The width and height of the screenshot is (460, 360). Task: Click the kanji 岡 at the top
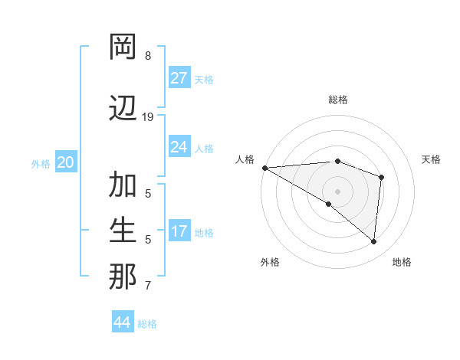pos(123,47)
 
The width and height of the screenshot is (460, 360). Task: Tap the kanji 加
pos(123,185)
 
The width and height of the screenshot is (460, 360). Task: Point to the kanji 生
pos(123,231)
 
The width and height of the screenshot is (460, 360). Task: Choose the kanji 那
pos(123,277)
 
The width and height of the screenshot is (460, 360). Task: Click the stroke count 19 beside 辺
pos(148,117)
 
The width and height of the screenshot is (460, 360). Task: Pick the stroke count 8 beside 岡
pos(148,56)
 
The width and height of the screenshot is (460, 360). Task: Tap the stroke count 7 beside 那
pos(148,286)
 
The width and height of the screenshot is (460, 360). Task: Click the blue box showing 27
pos(179,78)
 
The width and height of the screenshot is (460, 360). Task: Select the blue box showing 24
pos(179,147)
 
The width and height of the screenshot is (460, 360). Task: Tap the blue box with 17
pos(179,231)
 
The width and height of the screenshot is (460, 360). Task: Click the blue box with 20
pos(66,162)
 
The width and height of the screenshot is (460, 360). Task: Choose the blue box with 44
pos(122,322)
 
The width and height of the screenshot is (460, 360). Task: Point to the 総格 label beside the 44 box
pos(147,324)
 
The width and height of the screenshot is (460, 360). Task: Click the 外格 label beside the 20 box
pos(41,163)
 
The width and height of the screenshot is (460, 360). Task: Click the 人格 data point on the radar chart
pos(264,168)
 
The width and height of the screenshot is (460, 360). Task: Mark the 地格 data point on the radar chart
pos(373,241)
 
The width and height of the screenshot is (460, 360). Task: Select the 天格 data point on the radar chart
pos(381,178)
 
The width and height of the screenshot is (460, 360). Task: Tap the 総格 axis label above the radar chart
pos(337,100)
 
